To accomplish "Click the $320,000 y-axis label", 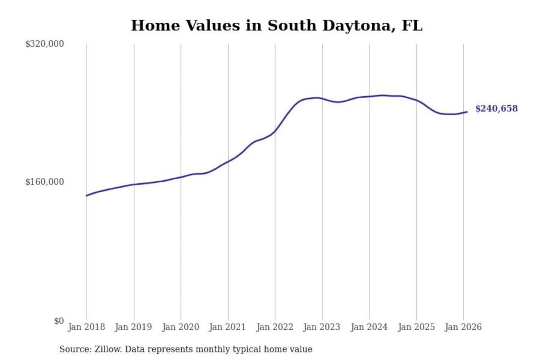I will pyautogui.click(x=45, y=44).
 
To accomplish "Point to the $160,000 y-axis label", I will pyautogui.click(x=45, y=182).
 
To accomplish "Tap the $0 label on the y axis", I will pyautogui.click(x=59, y=321).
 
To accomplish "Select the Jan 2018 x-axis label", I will pyautogui.click(x=87, y=327).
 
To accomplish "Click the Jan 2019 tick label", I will pyautogui.click(x=133, y=327).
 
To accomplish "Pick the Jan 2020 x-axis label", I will pyautogui.click(x=181, y=327).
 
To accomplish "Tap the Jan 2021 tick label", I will pyautogui.click(x=228, y=327).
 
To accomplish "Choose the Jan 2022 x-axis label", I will pyautogui.click(x=275, y=327).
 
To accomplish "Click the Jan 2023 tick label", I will pyautogui.click(x=322, y=327).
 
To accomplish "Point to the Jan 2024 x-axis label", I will pyautogui.click(x=369, y=327).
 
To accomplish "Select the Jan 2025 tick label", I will pyautogui.click(x=416, y=327).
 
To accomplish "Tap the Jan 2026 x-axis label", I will pyautogui.click(x=463, y=327).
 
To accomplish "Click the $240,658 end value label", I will pyautogui.click(x=496, y=109).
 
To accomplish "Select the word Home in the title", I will pyautogui.click(x=155, y=25).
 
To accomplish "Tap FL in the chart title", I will pyautogui.click(x=412, y=25).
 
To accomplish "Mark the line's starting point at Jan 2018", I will pyautogui.click(x=87, y=195).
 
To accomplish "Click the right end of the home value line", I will pyautogui.click(x=467, y=112).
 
